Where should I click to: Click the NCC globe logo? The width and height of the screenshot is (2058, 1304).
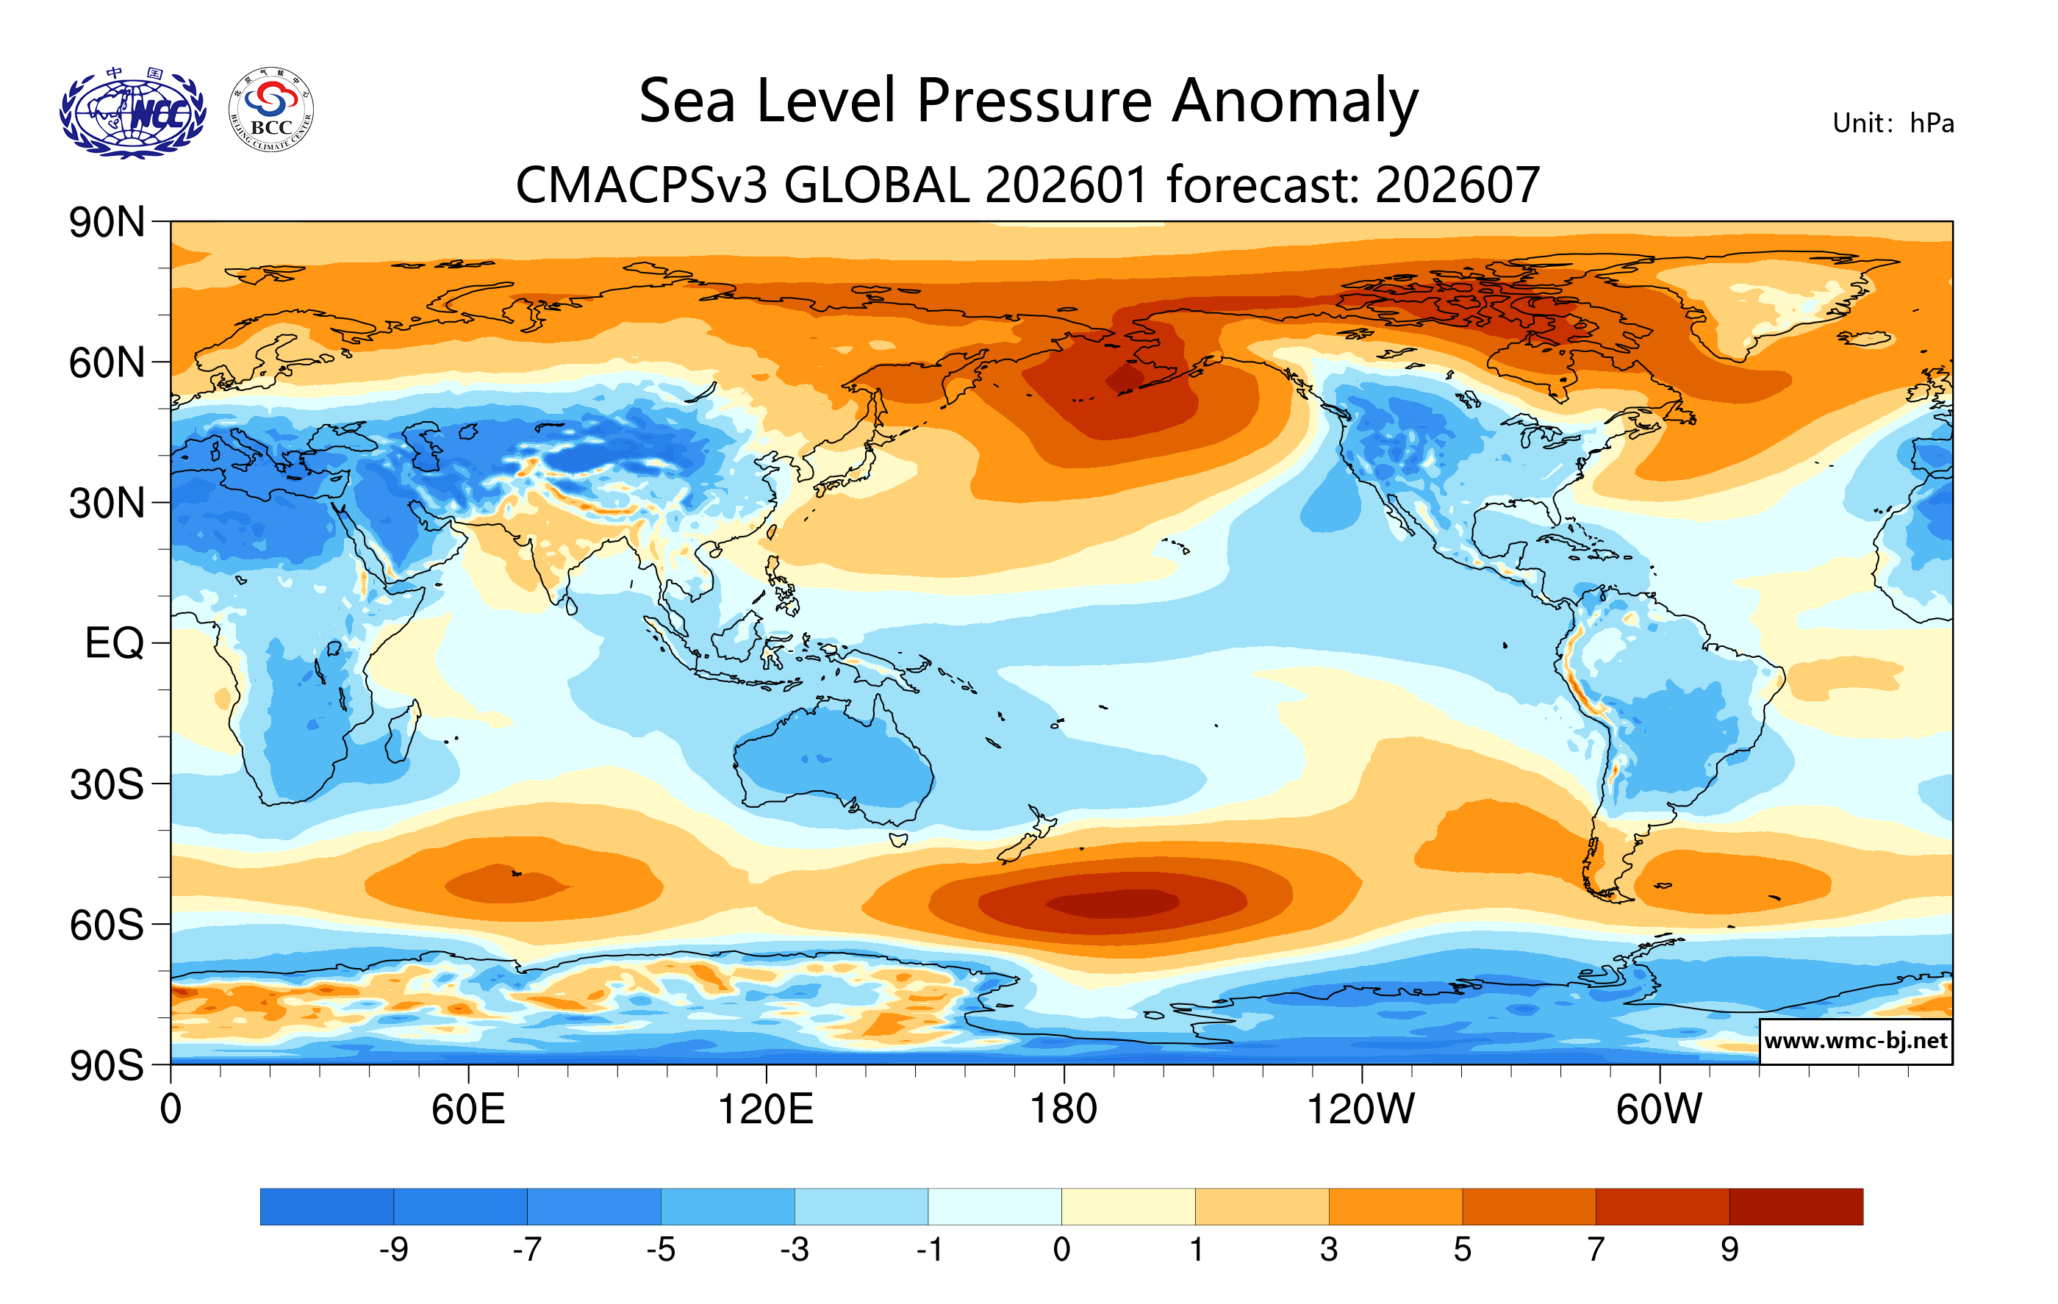[132, 114]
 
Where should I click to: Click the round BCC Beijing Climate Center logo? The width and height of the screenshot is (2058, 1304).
[271, 110]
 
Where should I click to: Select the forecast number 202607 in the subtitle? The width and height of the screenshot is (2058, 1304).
[1458, 185]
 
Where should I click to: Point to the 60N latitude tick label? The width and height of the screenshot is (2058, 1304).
[107, 363]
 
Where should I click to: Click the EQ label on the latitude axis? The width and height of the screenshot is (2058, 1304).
[115, 643]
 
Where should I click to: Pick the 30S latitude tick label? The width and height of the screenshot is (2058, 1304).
[107, 784]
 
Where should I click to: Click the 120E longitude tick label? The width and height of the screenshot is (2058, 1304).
[766, 1110]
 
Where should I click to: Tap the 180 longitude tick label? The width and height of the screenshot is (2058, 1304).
[1064, 1110]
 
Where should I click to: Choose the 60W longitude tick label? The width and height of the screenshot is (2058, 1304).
[1659, 1110]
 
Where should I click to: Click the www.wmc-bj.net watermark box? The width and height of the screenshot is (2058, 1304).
[1855, 1041]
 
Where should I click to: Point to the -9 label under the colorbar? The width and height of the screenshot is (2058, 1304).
[393, 1250]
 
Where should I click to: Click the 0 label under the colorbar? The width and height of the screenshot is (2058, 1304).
[1061, 1250]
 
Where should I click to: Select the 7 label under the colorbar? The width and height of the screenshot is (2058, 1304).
[1596, 1250]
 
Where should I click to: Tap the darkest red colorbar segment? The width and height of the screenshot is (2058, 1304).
[1796, 1206]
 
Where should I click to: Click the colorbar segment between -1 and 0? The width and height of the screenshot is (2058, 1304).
[994, 1206]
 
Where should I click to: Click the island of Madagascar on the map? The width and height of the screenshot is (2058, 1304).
[403, 731]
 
